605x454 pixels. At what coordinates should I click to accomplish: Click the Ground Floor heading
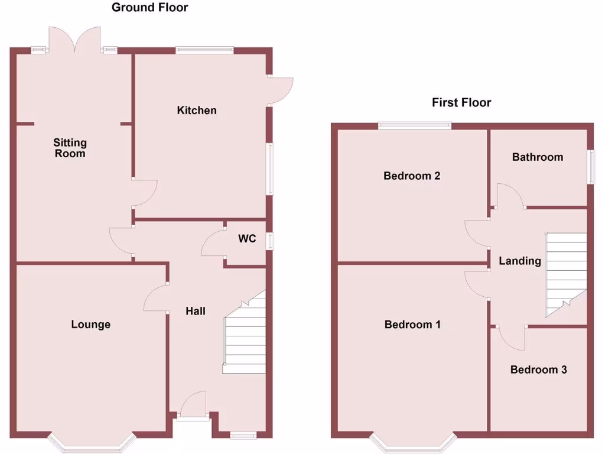(149, 8)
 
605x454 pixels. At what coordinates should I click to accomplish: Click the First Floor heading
(461, 103)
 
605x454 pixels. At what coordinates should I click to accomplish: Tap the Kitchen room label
(197, 111)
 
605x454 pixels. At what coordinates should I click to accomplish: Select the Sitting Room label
(70, 148)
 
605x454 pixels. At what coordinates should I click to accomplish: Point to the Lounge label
(91, 325)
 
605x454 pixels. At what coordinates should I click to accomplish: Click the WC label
(247, 239)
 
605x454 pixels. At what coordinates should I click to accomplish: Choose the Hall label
(196, 311)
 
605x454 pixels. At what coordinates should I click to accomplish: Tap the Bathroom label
(538, 157)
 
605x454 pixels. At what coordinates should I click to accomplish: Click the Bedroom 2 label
(412, 176)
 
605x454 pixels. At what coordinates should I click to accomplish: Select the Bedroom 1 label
(412, 325)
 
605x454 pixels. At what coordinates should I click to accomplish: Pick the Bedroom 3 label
(539, 370)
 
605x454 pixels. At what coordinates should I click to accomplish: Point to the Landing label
(520, 261)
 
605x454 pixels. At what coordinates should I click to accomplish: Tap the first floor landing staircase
(565, 272)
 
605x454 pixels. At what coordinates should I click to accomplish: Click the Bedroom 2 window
(415, 125)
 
